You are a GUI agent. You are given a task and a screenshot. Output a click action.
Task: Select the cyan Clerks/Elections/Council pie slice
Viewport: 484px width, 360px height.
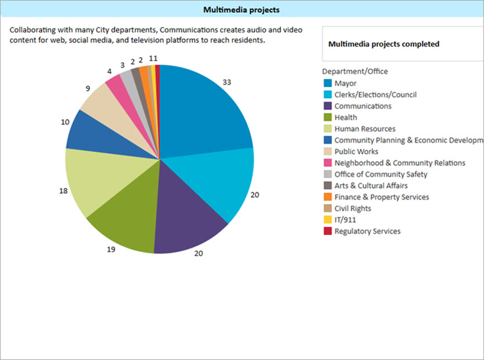click(x=218, y=179)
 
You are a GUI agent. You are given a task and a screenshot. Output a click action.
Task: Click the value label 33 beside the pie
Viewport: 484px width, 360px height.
click(x=227, y=82)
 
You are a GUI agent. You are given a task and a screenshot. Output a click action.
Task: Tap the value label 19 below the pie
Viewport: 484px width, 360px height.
click(x=111, y=249)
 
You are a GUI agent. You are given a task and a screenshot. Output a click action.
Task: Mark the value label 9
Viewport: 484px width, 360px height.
click(x=73, y=88)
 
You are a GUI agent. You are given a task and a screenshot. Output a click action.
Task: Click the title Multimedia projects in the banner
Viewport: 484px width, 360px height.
click(x=242, y=10)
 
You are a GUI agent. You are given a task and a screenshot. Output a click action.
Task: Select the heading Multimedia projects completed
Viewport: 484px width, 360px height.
click(x=384, y=44)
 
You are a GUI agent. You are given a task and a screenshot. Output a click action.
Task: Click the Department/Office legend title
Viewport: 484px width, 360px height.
click(x=355, y=71)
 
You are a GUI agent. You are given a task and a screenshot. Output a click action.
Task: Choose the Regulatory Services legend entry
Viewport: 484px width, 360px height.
click(x=367, y=231)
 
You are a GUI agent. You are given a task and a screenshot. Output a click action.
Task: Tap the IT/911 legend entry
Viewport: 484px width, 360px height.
click(x=345, y=220)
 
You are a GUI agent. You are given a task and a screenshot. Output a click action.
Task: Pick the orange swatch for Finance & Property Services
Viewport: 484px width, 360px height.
click(x=327, y=197)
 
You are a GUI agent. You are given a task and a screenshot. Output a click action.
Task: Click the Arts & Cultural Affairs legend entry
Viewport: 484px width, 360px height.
click(x=370, y=185)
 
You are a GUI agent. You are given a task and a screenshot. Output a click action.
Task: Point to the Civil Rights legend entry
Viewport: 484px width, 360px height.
click(x=353, y=208)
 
